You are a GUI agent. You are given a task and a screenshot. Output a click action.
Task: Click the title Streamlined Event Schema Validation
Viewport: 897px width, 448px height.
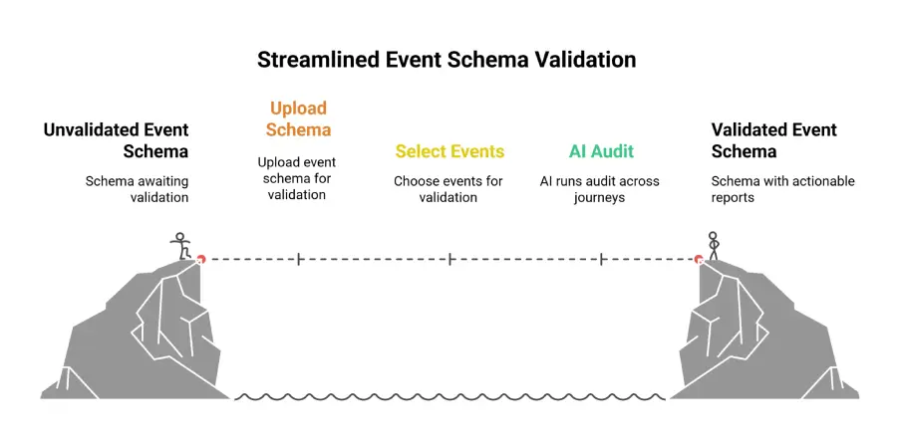click(x=447, y=60)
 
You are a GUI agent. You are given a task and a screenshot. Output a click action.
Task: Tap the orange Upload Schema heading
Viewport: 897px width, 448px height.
click(x=299, y=118)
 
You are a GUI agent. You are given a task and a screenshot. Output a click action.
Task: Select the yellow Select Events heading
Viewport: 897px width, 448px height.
click(x=450, y=151)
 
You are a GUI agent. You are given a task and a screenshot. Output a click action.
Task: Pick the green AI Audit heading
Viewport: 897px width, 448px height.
click(x=601, y=151)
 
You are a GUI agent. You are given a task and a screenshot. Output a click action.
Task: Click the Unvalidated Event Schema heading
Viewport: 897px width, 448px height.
click(x=117, y=140)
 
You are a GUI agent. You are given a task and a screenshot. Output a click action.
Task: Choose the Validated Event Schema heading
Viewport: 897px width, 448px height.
click(x=774, y=140)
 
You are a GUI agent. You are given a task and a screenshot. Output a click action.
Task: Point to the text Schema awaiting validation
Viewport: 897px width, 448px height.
click(x=138, y=190)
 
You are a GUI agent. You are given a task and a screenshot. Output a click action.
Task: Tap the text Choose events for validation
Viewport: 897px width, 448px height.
click(x=448, y=189)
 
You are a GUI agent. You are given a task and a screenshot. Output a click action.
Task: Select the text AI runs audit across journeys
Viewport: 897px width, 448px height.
click(x=600, y=189)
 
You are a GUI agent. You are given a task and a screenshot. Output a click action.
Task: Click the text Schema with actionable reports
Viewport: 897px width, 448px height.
click(x=782, y=189)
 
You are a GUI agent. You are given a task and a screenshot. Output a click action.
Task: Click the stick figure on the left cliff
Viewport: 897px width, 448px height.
click(x=180, y=246)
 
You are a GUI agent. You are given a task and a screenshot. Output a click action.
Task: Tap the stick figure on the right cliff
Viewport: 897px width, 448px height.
click(x=713, y=246)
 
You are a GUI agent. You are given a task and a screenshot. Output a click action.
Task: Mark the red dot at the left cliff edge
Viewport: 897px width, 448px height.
click(x=200, y=259)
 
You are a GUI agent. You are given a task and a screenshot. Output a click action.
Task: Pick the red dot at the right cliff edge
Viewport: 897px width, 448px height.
click(x=699, y=259)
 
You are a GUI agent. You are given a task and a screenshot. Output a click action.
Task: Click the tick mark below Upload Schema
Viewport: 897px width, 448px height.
click(x=299, y=260)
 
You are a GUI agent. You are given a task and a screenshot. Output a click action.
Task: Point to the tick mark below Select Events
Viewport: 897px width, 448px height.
click(x=450, y=260)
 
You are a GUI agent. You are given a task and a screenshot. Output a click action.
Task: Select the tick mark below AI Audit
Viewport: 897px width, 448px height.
click(x=602, y=260)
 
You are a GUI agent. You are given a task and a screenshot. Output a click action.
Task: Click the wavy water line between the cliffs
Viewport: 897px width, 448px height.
click(x=449, y=396)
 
